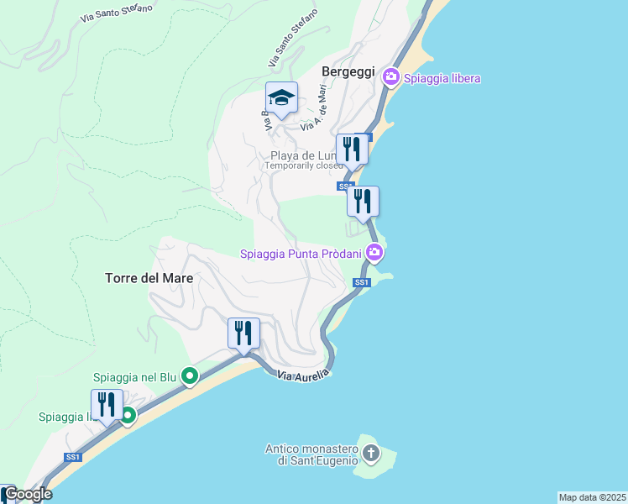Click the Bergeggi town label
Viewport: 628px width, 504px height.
[347, 72]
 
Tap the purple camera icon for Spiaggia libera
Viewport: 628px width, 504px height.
[390, 77]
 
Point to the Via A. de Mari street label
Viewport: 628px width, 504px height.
[312, 115]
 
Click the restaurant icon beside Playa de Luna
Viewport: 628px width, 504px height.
[352, 150]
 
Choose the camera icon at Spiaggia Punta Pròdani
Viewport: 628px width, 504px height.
[375, 252]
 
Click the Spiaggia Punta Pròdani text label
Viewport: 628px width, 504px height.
[301, 254]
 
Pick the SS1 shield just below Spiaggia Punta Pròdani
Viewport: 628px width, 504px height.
[362, 282]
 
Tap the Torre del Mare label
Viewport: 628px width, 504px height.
[149, 278]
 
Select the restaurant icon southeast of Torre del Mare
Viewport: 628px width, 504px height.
[243, 333]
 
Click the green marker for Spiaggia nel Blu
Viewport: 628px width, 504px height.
[190, 376]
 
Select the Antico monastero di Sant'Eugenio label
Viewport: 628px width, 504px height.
[311, 454]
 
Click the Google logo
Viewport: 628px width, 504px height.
[29, 494]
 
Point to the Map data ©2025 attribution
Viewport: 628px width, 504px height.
[593, 497]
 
